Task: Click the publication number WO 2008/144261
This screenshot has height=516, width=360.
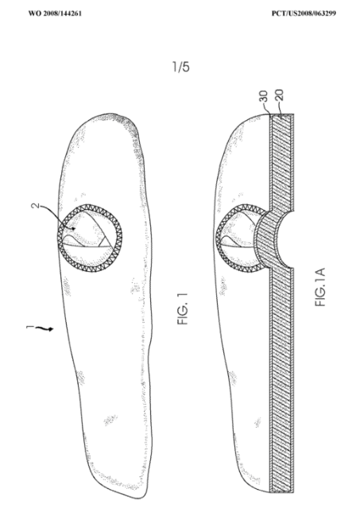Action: [x=55, y=14]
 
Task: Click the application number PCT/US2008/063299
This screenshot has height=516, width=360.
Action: [x=304, y=14]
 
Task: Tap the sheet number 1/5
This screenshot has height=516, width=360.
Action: [x=181, y=67]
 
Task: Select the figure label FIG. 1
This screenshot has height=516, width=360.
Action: [x=183, y=309]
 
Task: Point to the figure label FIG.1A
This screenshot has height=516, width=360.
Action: [x=320, y=287]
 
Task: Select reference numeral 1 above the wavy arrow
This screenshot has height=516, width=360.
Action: [x=30, y=327]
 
